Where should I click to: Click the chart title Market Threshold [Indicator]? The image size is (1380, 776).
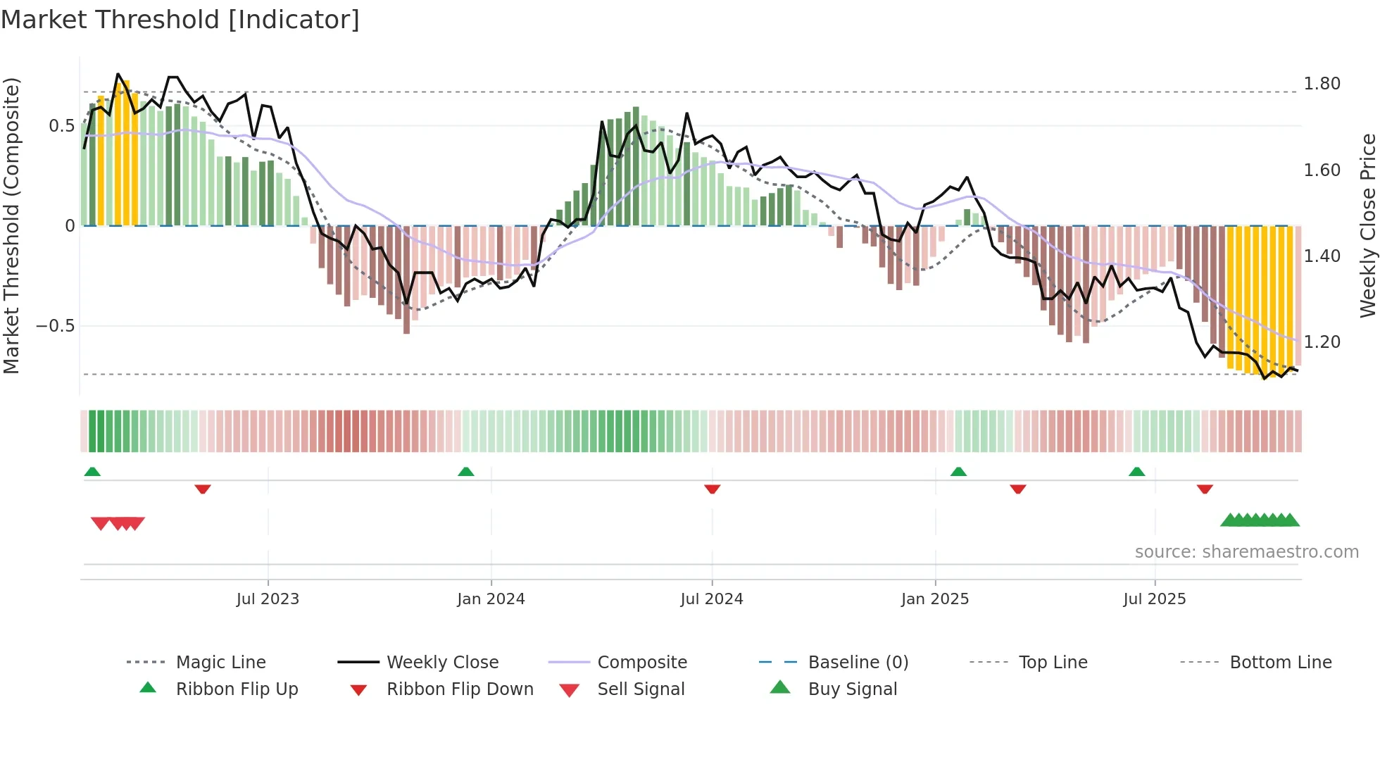[x=180, y=20]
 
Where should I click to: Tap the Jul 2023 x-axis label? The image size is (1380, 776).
[x=268, y=599]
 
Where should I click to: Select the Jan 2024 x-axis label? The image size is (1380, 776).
[x=491, y=599]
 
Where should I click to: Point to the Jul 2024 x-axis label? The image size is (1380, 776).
[x=712, y=599]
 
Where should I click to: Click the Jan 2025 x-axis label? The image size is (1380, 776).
[x=935, y=599]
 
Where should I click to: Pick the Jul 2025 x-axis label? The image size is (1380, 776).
[x=1155, y=599]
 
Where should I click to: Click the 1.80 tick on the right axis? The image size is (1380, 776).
[x=1322, y=84]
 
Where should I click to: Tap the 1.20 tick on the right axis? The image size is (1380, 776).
[x=1322, y=342]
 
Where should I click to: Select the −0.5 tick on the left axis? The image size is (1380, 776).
[x=55, y=326]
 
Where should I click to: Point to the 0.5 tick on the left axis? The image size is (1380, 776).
[x=61, y=126]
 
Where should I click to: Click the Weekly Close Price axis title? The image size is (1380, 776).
[x=1367, y=225]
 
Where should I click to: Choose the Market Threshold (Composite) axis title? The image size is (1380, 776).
[x=11, y=225]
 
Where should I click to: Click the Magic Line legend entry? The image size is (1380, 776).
[x=220, y=663]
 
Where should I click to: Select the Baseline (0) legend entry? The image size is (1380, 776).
[x=858, y=663]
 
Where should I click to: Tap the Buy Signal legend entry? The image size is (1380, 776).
[x=852, y=689]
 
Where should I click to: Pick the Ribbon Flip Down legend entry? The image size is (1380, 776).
[x=460, y=689]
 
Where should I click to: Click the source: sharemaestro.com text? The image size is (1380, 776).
[x=1246, y=552]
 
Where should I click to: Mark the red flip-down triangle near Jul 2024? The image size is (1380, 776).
[x=712, y=489]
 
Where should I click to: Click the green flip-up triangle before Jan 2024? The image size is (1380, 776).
[x=465, y=472]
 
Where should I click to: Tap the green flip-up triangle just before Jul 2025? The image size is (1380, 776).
[x=1136, y=472]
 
